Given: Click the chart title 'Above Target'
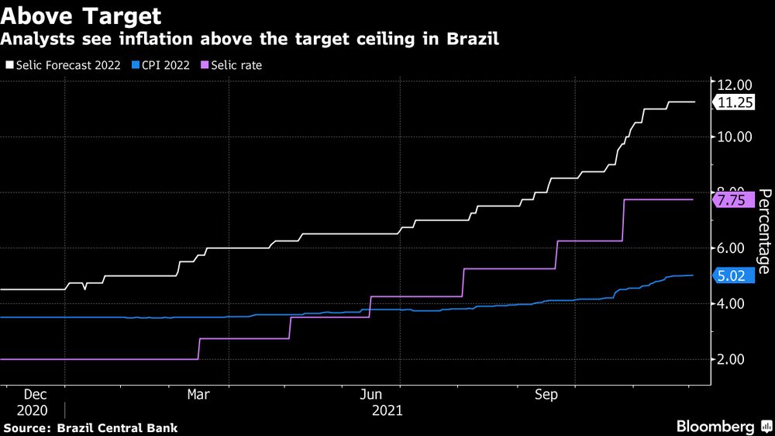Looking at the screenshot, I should [82, 16].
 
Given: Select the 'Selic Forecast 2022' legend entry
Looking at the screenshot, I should [67, 65].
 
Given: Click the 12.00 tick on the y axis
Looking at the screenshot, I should [733, 84].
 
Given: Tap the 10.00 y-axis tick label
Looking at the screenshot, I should [733, 137].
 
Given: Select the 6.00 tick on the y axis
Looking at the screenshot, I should [733, 248].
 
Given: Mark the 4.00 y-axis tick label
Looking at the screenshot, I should [733, 303].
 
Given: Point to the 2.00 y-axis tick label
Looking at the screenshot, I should [733, 359].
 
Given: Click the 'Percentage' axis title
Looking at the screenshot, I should [763, 231].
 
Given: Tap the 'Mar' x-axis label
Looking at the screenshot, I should [198, 394].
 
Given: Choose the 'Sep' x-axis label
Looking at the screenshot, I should [547, 394].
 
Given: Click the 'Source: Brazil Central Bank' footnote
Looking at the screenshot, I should [90, 427].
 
